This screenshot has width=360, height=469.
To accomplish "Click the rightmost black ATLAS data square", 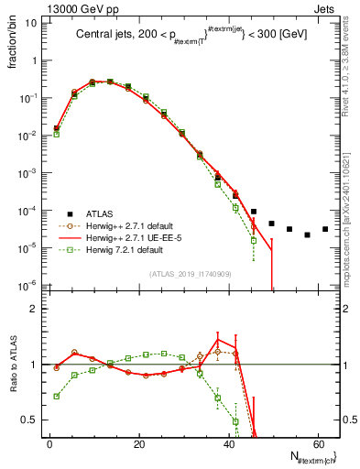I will click(325, 229).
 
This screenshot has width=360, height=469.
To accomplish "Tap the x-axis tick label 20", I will click(138, 444).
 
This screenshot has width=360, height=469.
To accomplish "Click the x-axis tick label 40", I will click(227, 444).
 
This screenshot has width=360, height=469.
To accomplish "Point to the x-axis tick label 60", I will click(316, 444).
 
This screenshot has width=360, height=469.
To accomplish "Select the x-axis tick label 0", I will click(49, 444).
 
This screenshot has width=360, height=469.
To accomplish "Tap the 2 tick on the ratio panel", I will click(35, 309).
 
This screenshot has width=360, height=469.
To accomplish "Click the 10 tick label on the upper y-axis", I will click(31, 23).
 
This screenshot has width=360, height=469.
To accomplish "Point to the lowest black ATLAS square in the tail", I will click(308, 234).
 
